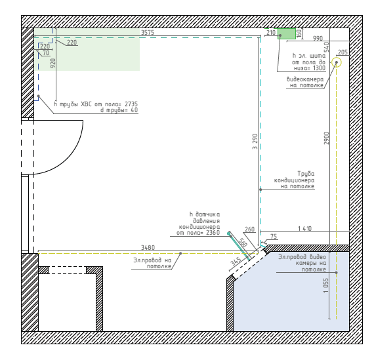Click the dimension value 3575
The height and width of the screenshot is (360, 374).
tap(148, 32)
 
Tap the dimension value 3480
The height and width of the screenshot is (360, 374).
tap(148, 247)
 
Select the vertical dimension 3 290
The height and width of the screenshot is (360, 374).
tap(255, 142)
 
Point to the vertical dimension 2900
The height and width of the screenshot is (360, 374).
tap(326, 138)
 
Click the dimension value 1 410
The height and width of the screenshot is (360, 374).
tap(305, 228)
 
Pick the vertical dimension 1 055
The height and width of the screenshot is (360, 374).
tap(326, 285)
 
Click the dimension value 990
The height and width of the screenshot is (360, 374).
tap(318, 38)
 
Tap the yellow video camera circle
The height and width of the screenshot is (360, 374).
tap(337, 62)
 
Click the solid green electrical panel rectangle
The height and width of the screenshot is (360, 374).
tap(287, 33)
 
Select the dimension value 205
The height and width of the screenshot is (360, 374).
tap(343, 52)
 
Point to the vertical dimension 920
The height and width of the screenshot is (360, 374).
tap(53, 63)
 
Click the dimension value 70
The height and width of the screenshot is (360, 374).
tap(46, 52)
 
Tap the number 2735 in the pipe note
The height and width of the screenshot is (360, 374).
tap(131, 104)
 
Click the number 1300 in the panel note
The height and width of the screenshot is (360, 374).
tap(319, 68)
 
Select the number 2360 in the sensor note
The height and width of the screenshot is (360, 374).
tap(213, 232)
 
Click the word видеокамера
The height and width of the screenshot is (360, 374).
tap(305, 79)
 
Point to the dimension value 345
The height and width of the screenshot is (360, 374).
tap(236, 262)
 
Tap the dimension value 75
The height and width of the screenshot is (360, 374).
tap(274, 236)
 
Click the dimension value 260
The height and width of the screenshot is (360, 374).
tap(249, 229)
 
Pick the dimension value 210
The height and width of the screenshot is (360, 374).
tap(271, 32)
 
